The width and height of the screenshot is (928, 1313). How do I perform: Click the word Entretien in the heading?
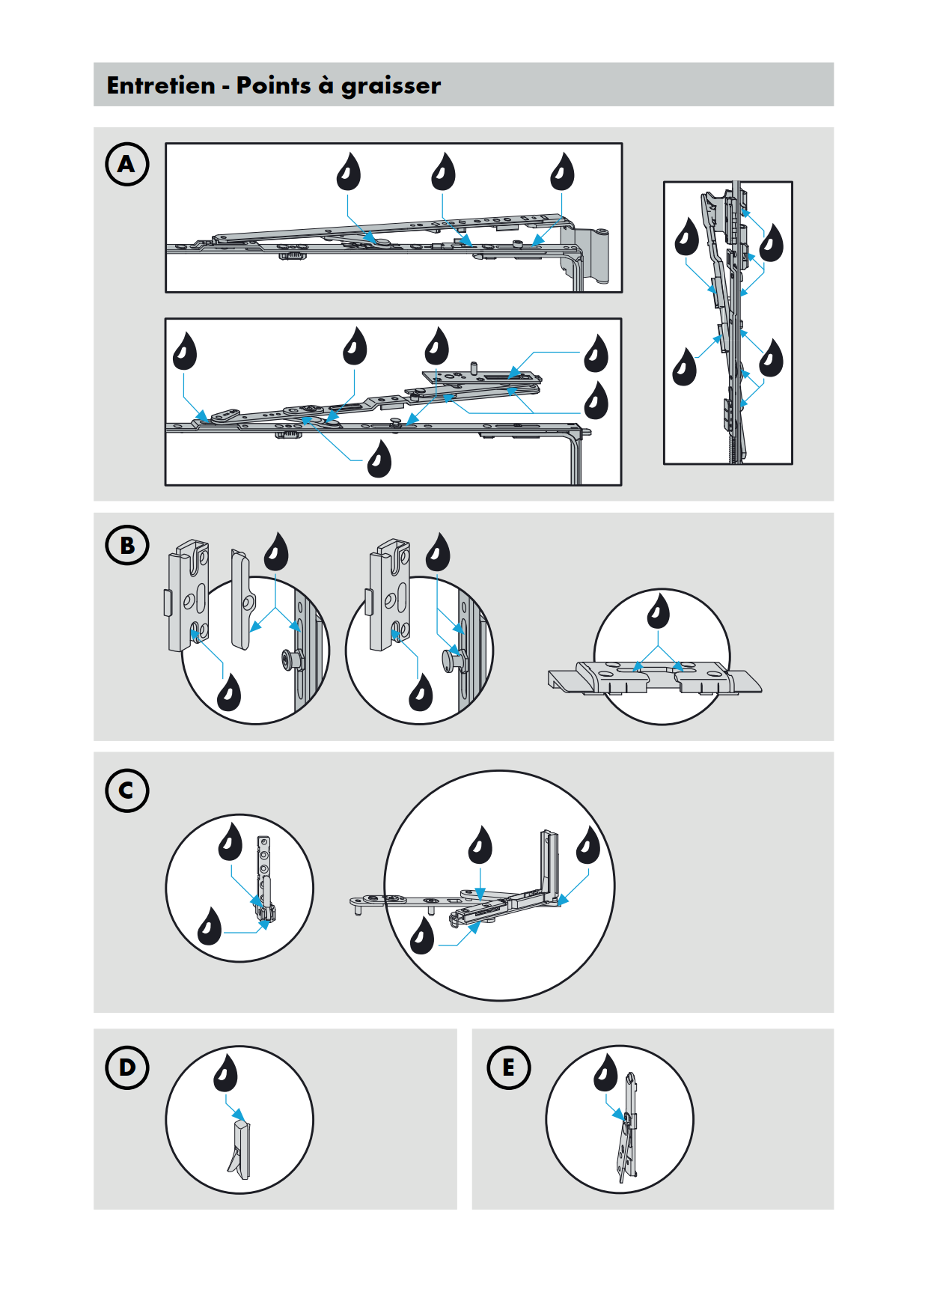[161, 85]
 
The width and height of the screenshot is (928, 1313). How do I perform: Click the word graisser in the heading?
[391, 86]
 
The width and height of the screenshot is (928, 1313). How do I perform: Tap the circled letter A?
[127, 164]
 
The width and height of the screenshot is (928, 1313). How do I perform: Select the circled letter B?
[127, 545]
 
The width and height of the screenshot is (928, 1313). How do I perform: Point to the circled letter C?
[127, 790]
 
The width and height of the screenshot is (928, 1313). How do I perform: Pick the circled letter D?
[127, 1067]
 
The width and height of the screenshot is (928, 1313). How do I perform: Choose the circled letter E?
[508, 1067]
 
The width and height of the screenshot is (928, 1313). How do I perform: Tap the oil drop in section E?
[605, 1073]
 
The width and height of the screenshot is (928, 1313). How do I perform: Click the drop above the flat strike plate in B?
[658, 612]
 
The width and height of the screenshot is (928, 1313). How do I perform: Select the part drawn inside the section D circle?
[240, 1149]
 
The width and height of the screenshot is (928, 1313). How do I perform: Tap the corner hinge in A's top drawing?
[591, 255]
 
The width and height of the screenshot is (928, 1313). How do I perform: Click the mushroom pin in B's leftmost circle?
[292, 659]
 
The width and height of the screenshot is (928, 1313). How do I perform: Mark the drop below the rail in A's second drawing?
[379, 460]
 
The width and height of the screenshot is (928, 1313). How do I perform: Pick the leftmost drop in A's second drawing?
[184, 352]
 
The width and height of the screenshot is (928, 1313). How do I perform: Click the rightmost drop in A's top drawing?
[562, 173]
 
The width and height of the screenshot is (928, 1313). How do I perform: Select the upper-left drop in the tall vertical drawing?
[686, 237]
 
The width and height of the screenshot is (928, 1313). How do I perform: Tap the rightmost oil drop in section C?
[588, 846]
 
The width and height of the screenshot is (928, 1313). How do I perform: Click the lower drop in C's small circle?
[210, 927]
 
